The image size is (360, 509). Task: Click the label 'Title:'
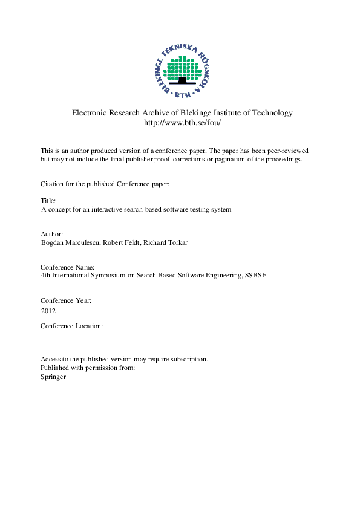[48, 200]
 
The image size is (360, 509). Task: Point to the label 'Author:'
[51, 233]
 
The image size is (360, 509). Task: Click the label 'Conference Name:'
[67, 267]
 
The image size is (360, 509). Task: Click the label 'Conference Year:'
[66, 300]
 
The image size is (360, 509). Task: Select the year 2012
[48, 311]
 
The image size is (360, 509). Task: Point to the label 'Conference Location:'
[72, 326]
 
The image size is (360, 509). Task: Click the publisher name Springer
[53, 377]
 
